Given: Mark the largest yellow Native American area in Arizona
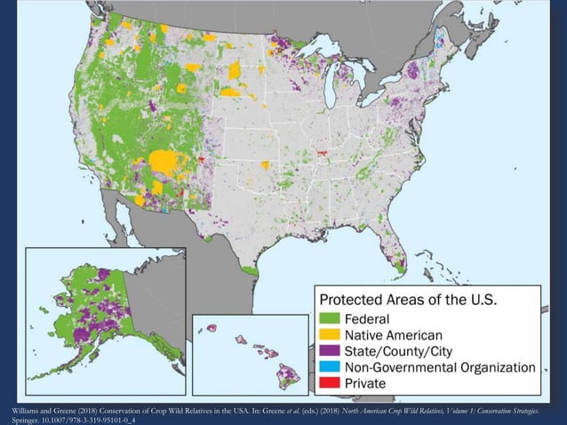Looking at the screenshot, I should (x=165, y=163).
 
